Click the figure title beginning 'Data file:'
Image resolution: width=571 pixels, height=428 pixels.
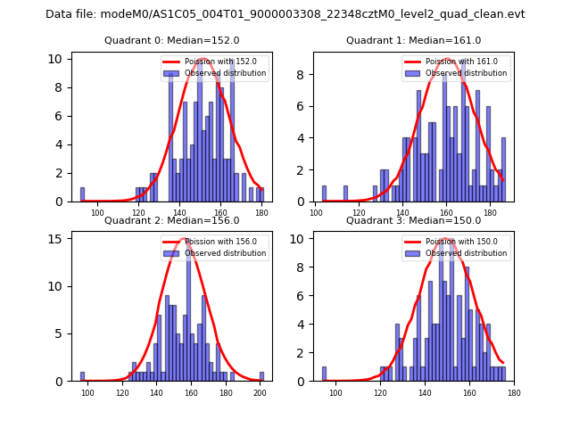(285, 14)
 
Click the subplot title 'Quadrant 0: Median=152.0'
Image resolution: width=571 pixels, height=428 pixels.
(172, 41)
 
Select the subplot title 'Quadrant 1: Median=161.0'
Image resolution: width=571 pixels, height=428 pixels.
(413, 41)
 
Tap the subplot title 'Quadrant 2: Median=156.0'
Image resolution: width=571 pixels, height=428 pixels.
(172, 221)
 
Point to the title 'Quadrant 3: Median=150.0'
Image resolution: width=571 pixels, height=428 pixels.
(413, 221)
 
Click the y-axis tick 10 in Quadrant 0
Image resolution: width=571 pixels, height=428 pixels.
(56, 59)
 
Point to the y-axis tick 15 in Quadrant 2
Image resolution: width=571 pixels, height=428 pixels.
(56, 239)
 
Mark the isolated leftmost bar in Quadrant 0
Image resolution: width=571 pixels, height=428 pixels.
(82, 194)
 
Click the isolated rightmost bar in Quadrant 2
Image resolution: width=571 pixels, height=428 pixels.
(261, 376)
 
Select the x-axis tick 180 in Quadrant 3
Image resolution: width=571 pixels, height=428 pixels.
(514, 391)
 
